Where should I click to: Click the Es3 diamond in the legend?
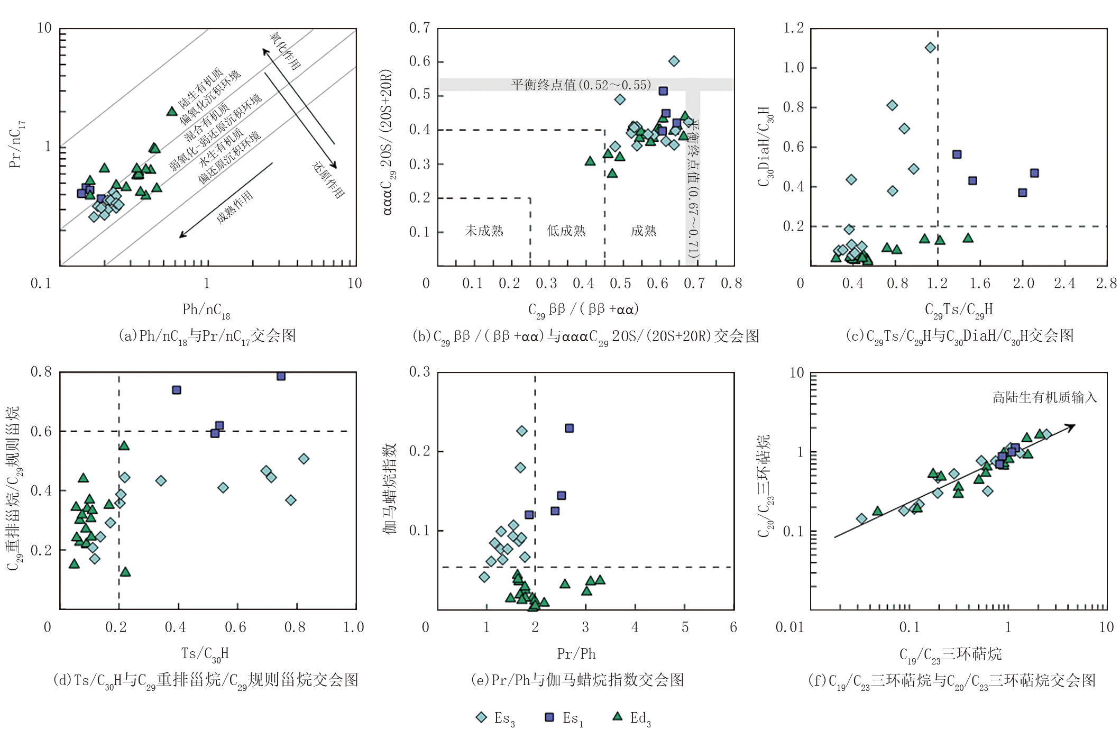481,717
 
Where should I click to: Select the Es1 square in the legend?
549,717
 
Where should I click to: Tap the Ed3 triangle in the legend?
617,716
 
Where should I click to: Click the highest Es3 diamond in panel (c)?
931,48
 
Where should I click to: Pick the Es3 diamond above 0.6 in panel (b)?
674,61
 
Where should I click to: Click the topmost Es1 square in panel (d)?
281,376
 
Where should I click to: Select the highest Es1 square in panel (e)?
569,428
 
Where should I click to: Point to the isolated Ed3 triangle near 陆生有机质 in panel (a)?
172,111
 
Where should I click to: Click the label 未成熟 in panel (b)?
484,231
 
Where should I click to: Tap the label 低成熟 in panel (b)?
566,231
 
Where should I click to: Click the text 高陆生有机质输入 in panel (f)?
1044,397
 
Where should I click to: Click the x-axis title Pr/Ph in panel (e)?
576,654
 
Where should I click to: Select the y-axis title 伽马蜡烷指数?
390,489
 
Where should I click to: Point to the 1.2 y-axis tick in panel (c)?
793,28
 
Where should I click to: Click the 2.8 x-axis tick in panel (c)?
1106,284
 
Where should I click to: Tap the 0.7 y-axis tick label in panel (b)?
419,28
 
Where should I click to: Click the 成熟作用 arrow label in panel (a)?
235,207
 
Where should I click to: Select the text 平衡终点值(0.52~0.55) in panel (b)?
581,85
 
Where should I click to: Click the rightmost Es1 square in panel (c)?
1034,174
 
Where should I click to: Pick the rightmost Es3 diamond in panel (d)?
304,459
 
